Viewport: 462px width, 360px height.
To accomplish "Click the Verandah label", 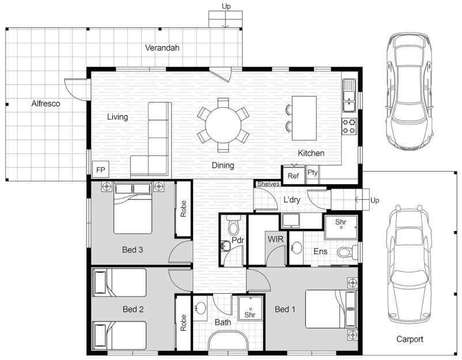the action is click(x=162, y=48).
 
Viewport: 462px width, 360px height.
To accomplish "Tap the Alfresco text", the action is click(x=46, y=104).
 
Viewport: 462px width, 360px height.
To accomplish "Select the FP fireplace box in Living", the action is click(x=101, y=169).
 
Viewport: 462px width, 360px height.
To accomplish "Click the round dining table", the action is click(x=223, y=125).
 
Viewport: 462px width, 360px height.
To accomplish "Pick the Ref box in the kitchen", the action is click(x=293, y=176).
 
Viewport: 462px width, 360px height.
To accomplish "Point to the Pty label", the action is click(x=312, y=173).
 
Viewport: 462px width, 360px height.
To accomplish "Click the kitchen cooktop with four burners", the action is click(x=349, y=126).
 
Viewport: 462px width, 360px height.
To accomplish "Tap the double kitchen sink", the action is click(x=349, y=96).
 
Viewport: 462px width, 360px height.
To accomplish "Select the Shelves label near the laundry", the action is click(x=268, y=184).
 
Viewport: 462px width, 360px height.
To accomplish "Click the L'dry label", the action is click(x=291, y=200).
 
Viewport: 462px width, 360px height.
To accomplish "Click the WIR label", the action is click(x=275, y=239).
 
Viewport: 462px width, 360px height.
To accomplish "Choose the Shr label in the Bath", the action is click(x=250, y=314).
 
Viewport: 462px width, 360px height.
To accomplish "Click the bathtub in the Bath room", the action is click(x=228, y=341).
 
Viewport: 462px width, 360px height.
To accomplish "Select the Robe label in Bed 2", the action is click(x=183, y=323).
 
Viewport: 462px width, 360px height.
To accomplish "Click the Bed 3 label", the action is click(x=132, y=250).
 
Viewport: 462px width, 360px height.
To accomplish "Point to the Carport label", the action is click(x=410, y=339).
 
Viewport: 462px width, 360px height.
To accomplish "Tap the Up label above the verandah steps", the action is click(x=226, y=6).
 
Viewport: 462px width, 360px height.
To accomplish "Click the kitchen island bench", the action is click(x=304, y=118).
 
